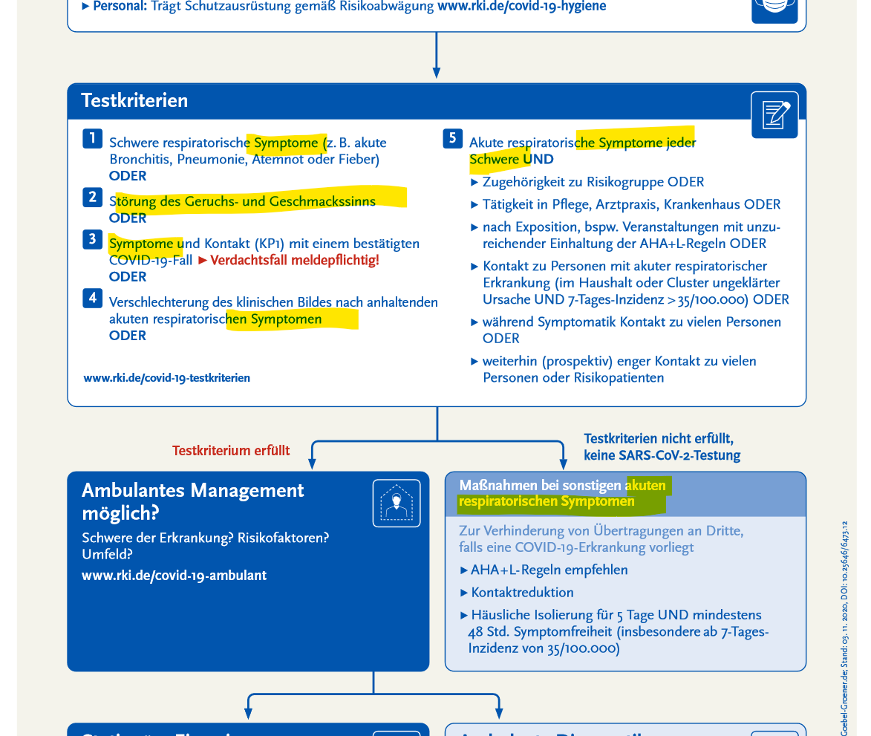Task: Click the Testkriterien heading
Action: (134, 100)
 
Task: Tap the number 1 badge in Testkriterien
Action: (92, 138)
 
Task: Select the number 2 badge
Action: (92, 197)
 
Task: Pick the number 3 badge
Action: (92, 239)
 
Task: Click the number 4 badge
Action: (92, 298)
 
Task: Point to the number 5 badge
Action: (452, 138)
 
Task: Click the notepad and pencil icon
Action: (774, 114)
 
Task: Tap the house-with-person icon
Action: (396, 503)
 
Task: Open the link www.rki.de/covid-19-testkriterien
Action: (166, 378)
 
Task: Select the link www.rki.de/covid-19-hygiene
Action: (521, 7)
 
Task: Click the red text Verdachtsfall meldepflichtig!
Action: (295, 261)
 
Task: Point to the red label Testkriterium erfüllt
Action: (231, 451)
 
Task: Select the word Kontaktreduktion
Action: (522, 593)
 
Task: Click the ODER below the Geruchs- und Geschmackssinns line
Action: (128, 218)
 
